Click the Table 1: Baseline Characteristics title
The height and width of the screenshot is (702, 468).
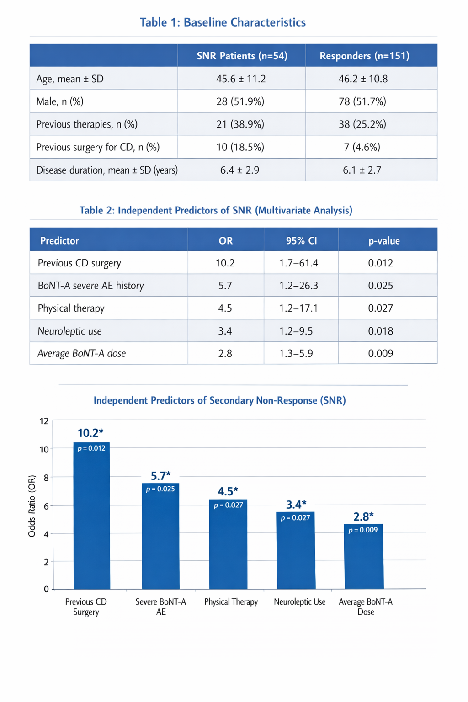coord(223,22)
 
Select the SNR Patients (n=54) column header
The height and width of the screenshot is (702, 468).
coord(242,56)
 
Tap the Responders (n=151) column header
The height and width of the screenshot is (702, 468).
coord(365,56)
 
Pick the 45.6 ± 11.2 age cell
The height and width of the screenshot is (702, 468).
coord(241,79)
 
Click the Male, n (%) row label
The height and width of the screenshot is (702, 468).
coord(60,101)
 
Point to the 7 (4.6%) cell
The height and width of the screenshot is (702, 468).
coord(362,147)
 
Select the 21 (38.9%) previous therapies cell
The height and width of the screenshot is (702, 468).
coord(240,124)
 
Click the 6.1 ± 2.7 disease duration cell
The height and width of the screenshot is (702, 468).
coord(362,170)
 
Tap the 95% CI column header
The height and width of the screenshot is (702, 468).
coord(301,241)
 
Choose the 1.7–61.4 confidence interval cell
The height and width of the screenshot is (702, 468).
coord(298,263)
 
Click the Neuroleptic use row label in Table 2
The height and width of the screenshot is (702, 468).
coord(69,331)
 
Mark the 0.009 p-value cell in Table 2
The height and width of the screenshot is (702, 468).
coord(381,353)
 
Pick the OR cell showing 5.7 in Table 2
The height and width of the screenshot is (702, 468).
coord(225,286)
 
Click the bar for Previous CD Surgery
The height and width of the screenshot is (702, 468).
coord(91,516)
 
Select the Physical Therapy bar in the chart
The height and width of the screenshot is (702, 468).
coord(228,544)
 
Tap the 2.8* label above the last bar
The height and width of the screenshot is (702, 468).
coord(364,516)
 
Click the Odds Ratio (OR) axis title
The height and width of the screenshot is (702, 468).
coord(32,506)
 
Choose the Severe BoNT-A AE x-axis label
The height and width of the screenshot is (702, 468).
coord(161,607)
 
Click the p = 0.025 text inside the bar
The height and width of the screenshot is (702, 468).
coord(160,489)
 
